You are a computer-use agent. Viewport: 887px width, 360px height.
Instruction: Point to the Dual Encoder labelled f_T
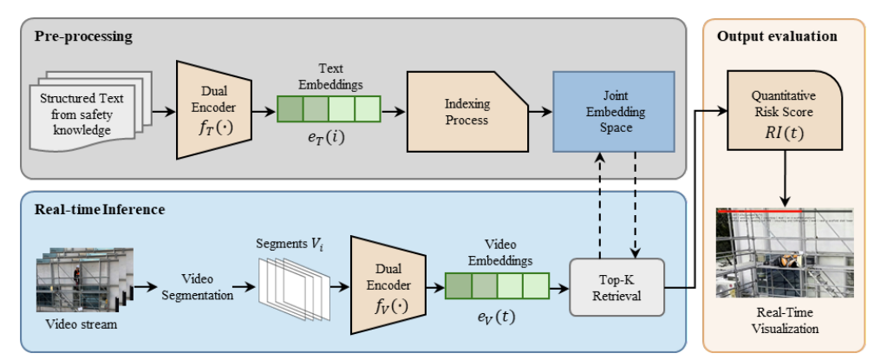(213, 110)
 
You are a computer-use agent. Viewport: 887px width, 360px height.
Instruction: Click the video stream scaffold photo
(78, 279)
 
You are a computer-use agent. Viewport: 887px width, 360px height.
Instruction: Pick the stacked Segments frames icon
(294, 286)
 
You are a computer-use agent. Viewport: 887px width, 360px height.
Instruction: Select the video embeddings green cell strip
(497, 285)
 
